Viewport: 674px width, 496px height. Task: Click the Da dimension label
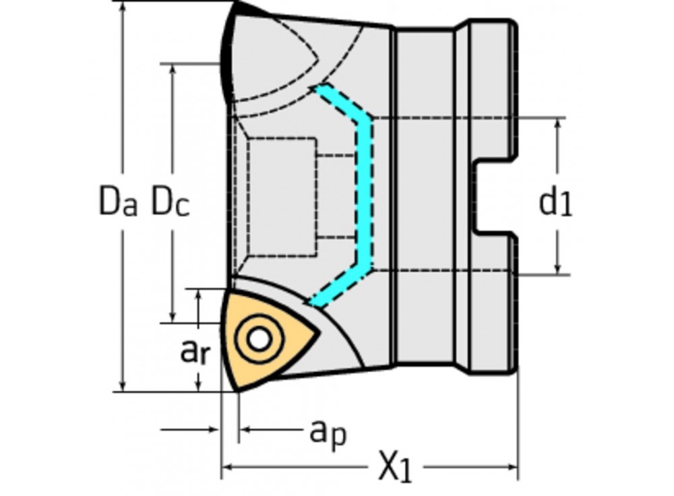point(119,201)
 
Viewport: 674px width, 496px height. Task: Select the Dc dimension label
point(169,201)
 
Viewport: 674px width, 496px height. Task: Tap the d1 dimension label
point(555,203)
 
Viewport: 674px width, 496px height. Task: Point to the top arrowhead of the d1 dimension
point(559,125)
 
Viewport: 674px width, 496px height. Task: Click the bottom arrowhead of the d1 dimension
point(559,269)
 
